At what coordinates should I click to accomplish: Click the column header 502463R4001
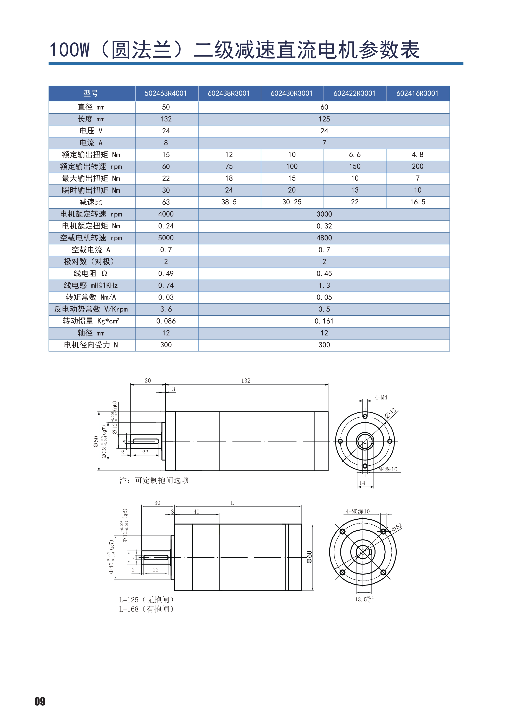tap(166, 93)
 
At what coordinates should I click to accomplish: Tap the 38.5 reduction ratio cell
tap(229, 202)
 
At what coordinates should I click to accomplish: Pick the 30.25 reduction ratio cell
tap(292, 202)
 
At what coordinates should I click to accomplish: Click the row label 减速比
tap(91, 202)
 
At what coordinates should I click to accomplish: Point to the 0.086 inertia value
tap(166, 321)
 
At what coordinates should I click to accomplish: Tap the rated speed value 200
tap(417, 166)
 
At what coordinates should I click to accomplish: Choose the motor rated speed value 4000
tap(166, 214)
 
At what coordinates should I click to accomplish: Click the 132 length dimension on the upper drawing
tap(246, 381)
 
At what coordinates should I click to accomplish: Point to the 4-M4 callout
tap(381, 397)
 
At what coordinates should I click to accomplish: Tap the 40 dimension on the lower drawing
tap(196, 512)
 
